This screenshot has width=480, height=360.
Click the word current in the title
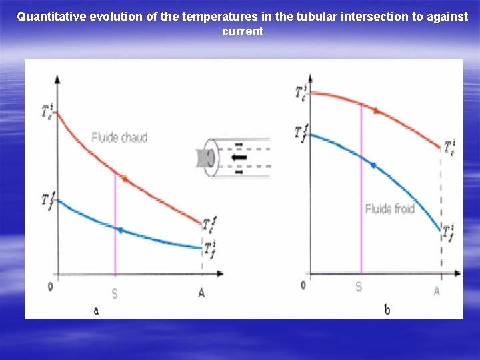pyautogui.click(x=243, y=31)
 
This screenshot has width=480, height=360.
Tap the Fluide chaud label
pyautogui.click(x=119, y=138)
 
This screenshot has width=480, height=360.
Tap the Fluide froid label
pyautogui.click(x=390, y=209)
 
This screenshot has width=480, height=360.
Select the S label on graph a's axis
pyautogui.click(x=115, y=293)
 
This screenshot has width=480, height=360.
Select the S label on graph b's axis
pyautogui.click(x=359, y=287)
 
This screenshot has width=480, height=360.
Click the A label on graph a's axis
pyautogui.click(x=201, y=292)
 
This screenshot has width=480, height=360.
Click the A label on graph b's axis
pyautogui.click(x=437, y=291)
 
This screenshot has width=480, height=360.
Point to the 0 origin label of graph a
pyautogui.click(x=51, y=287)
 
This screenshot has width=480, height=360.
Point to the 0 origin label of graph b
pyautogui.click(x=303, y=285)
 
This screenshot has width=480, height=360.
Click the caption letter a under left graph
pyautogui.click(x=96, y=310)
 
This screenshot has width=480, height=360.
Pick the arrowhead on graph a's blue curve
pyautogui.click(x=119, y=230)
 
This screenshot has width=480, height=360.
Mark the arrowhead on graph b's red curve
pyautogui.click(x=377, y=110)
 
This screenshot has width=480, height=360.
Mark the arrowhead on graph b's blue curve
pyautogui.click(x=373, y=165)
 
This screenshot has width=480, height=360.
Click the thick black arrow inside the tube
pyautogui.click(x=238, y=158)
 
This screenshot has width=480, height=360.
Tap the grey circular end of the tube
pyautogui.click(x=209, y=158)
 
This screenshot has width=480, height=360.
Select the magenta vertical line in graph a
pyautogui.click(x=115, y=227)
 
